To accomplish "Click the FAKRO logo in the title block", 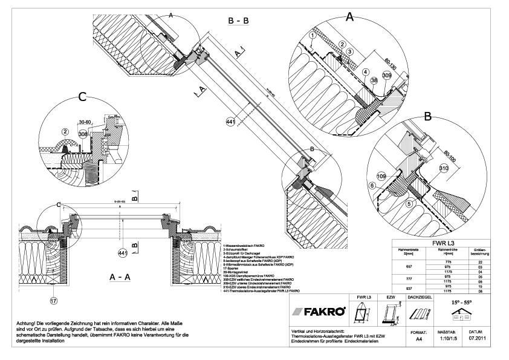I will point(319,312).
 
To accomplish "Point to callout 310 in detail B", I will point(444,168).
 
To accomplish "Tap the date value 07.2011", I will point(475,339).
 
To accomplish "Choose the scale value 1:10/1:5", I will point(445,339).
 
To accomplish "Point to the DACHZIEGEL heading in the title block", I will point(420,298).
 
